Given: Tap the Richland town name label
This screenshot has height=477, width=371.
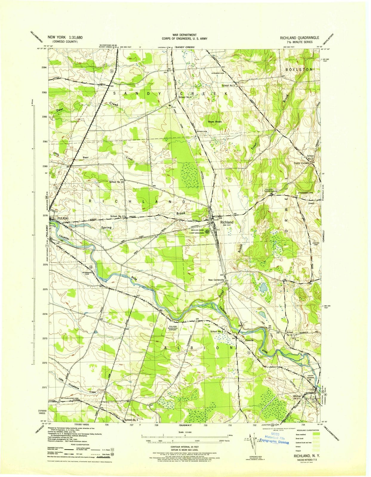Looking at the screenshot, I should click(x=227, y=222).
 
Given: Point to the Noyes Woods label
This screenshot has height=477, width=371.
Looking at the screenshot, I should click(x=215, y=122).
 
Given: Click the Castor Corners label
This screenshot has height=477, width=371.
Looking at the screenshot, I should click(x=301, y=163).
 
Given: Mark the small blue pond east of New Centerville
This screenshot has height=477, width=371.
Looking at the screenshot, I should click(x=263, y=288).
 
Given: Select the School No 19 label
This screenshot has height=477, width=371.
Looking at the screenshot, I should click(x=116, y=182).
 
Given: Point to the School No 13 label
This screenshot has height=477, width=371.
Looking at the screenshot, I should click(x=118, y=216).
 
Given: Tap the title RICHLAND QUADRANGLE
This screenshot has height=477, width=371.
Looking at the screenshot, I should click(x=299, y=38).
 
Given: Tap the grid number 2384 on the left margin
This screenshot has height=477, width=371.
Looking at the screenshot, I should click(x=44, y=68).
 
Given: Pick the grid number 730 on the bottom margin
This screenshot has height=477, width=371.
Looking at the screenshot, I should click(x=205, y=424).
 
